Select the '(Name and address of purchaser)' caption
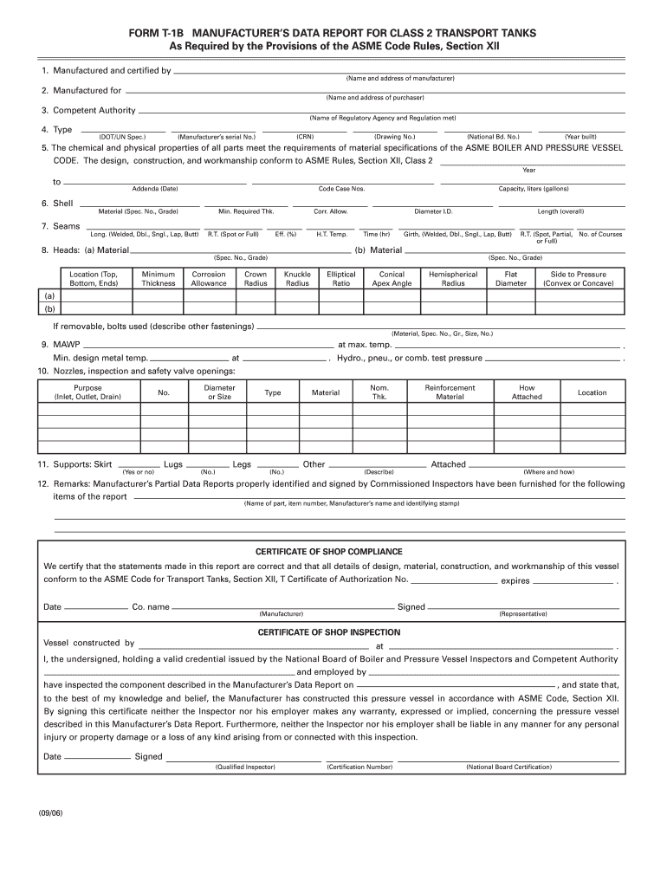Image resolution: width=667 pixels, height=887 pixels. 383,98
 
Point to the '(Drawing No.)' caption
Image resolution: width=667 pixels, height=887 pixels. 394,137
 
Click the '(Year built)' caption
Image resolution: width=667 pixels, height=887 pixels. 580,137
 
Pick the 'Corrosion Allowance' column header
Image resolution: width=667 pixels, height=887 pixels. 209,279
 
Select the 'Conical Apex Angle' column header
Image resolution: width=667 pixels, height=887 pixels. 392,279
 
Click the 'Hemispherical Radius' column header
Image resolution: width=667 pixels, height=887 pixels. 453,279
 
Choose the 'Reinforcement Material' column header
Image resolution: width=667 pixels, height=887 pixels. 450,392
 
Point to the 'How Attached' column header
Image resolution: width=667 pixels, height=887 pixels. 527,392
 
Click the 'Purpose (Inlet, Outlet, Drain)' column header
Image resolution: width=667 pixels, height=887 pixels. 87,392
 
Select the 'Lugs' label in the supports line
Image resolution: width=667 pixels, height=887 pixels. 173,464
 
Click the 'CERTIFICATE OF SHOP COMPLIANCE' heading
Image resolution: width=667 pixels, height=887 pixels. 328,552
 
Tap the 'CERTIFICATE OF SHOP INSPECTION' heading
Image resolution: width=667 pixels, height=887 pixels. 328,632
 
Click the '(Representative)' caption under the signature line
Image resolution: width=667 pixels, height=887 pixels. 522,614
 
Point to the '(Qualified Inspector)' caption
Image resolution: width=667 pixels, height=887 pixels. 245,767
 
